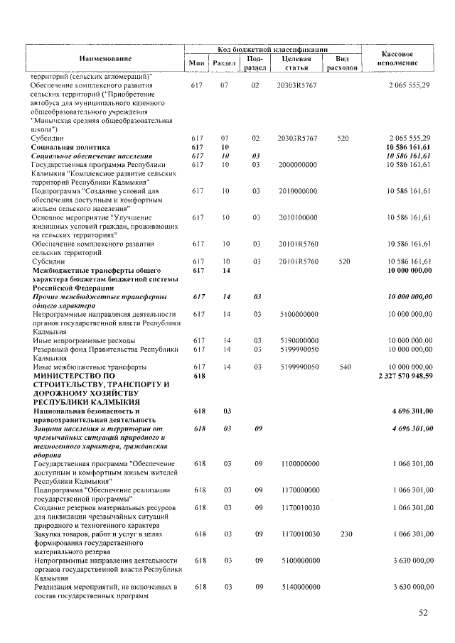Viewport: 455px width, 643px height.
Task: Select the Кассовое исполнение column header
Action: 397,58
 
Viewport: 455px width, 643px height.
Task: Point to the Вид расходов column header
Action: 341,63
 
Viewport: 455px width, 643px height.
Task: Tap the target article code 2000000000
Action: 296,164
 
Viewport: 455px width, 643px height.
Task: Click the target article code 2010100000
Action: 296,217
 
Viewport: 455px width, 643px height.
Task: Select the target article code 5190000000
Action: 296,340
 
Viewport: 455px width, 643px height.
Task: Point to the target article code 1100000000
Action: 296,463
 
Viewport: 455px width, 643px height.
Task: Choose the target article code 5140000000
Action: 296,587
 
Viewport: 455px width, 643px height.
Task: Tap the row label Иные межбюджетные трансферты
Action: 88,367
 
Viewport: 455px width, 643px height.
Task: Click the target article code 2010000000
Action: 296,191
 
